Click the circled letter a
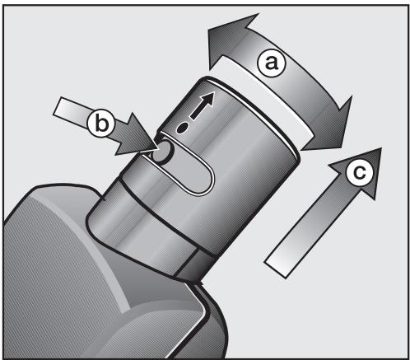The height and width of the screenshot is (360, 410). [x=272, y=63]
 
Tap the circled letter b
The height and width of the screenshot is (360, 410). [x=101, y=124]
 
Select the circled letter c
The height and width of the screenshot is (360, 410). [x=359, y=172]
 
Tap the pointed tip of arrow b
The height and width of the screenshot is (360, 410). [x=159, y=147]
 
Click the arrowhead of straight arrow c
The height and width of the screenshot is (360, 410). [x=362, y=167]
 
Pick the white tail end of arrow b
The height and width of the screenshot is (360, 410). [x=61, y=109]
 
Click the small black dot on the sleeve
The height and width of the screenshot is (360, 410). [x=182, y=128]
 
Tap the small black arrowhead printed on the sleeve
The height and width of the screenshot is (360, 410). [x=207, y=100]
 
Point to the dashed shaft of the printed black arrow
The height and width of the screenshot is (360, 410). [x=197, y=112]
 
